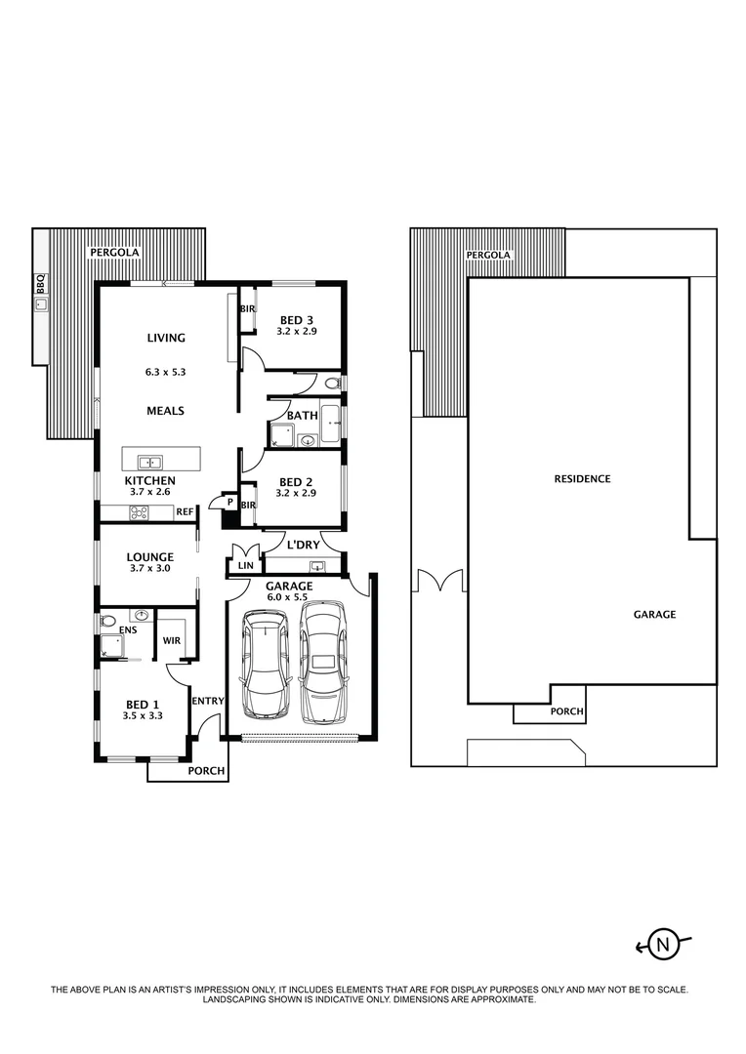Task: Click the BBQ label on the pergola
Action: pos(40,283)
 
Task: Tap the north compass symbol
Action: pos(663,944)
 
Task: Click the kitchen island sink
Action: pos(149,463)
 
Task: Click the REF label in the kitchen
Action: pos(185,510)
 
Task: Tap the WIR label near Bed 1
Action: pos(171,641)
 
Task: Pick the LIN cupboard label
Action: pos(244,565)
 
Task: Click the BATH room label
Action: pos(302,416)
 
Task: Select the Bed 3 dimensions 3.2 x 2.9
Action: pos(296,332)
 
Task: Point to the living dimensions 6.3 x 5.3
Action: pos(166,372)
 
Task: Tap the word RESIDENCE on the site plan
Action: pos(582,479)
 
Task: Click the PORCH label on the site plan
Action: pos(566,712)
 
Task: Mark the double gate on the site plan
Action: pos(437,582)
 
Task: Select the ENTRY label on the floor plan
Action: pos(208,701)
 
